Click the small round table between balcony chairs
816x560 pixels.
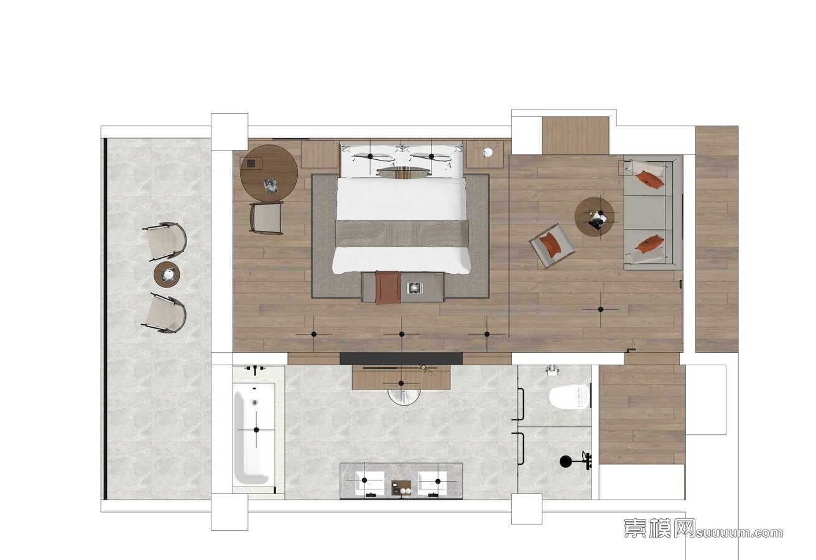[167, 275]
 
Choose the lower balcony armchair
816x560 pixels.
[164, 312]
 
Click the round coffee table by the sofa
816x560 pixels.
[594, 217]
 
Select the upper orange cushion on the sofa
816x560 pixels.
[650, 180]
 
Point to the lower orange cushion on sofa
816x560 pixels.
[650, 244]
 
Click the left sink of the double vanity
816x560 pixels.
[369, 483]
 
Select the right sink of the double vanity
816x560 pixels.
[432, 483]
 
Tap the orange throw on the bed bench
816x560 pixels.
[387, 287]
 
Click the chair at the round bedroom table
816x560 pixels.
[266, 218]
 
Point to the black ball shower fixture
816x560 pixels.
[565, 462]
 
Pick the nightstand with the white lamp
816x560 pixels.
[485, 154]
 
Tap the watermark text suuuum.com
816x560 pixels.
[739, 533]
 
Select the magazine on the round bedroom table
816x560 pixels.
[271, 186]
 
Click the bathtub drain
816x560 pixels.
[254, 403]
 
